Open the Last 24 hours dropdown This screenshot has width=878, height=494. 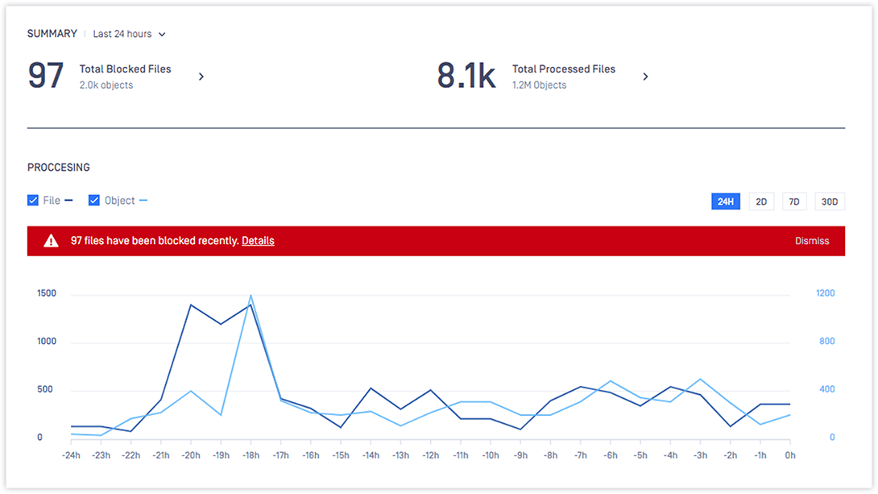[129, 34]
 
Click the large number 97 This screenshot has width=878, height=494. [46, 76]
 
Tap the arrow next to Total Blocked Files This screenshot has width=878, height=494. [201, 77]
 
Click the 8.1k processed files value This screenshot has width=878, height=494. [466, 76]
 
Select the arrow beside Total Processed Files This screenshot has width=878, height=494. [645, 77]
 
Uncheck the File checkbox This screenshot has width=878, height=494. [33, 201]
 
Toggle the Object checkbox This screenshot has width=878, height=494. [94, 201]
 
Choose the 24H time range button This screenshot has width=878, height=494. [725, 201]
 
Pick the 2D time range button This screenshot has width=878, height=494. [760, 201]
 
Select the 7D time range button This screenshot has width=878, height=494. [793, 201]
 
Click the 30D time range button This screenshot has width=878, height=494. [829, 201]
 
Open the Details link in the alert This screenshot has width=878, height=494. [258, 241]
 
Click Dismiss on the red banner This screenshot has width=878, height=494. [811, 241]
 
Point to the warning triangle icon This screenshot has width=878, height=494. [51, 241]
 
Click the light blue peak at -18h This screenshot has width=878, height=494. [251, 296]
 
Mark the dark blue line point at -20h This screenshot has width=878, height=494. [190, 305]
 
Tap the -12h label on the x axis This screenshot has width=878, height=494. [430, 455]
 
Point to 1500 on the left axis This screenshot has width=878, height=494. [47, 293]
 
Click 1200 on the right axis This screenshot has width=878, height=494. [826, 293]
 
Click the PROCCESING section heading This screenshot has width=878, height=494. [59, 168]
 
